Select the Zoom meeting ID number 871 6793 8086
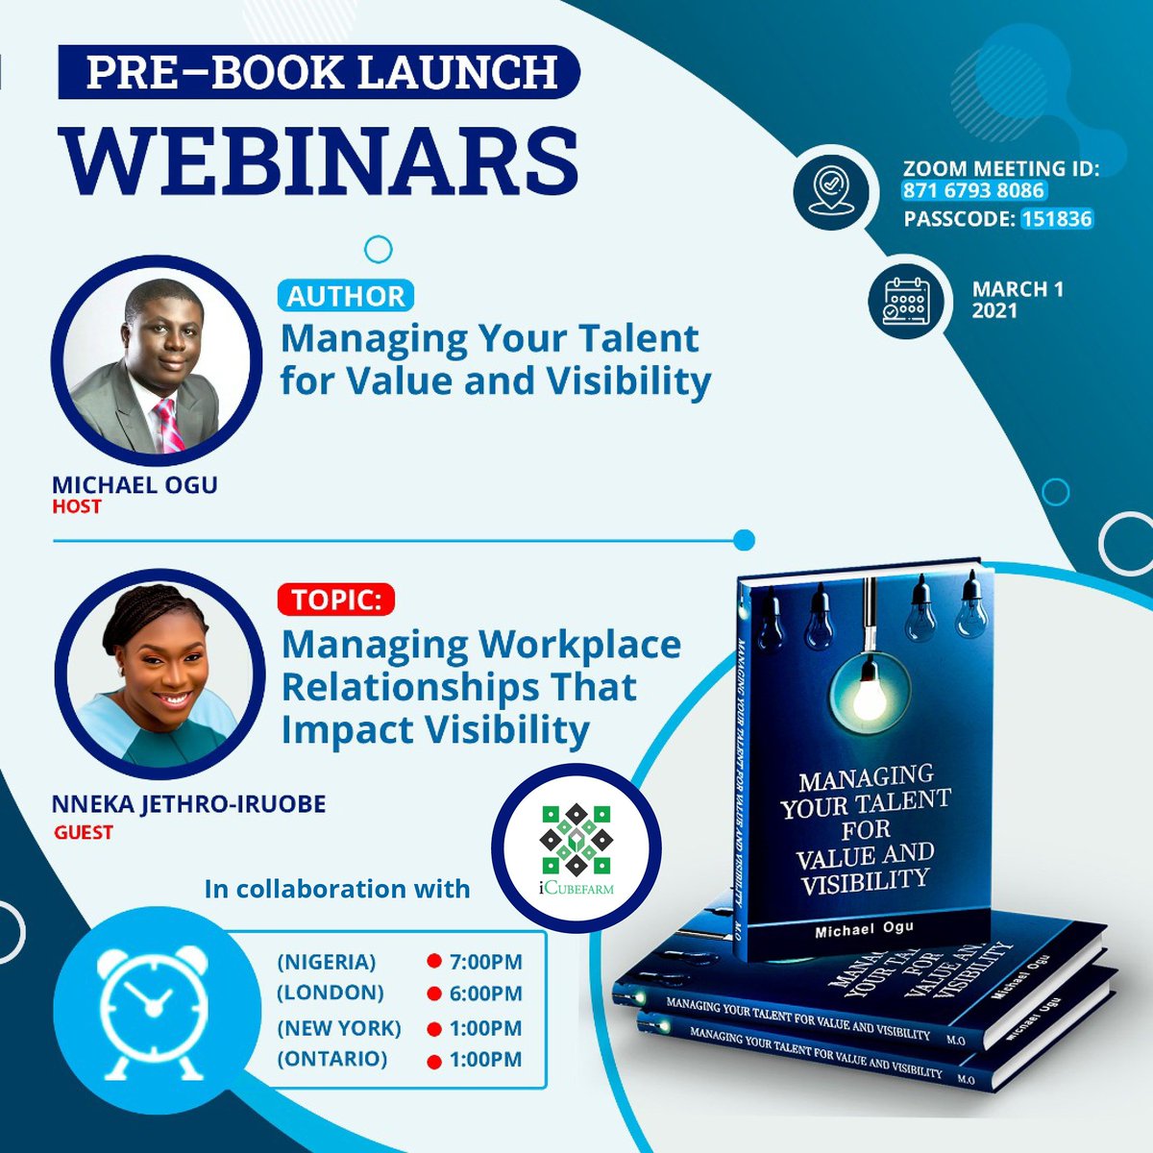click(x=973, y=191)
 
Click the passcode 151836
click(x=1056, y=219)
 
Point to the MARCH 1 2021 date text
click(x=1017, y=299)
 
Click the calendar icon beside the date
click(x=904, y=301)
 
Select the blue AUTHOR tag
click(x=346, y=296)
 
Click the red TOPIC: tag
click(x=336, y=600)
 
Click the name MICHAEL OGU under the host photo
click(x=135, y=484)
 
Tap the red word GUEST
click(x=84, y=832)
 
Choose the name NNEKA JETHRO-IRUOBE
click(x=188, y=804)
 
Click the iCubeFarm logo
click(x=576, y=846)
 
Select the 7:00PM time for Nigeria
click(x=485, y=962)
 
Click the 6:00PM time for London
click(x=485, y=994)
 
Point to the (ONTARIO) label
click(x=331, y=1059)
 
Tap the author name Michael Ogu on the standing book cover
click(x=866, y=931)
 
